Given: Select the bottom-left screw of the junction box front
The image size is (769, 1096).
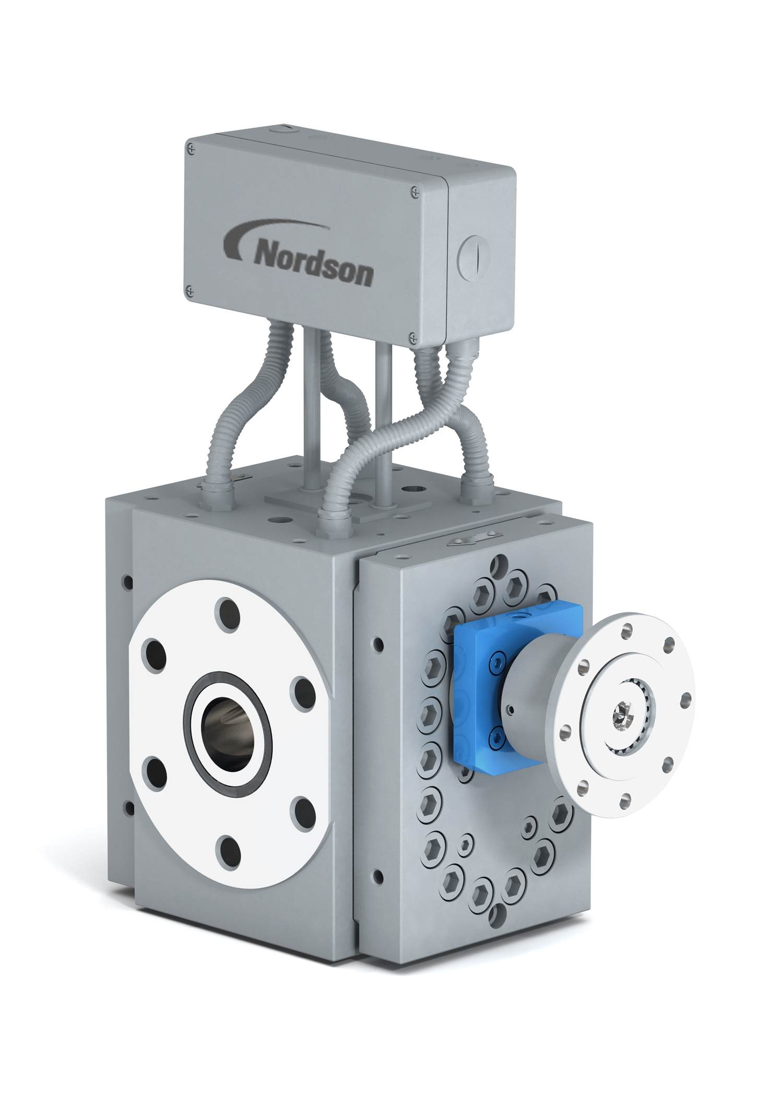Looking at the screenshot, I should pyautogui.click(x=191, y=290).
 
